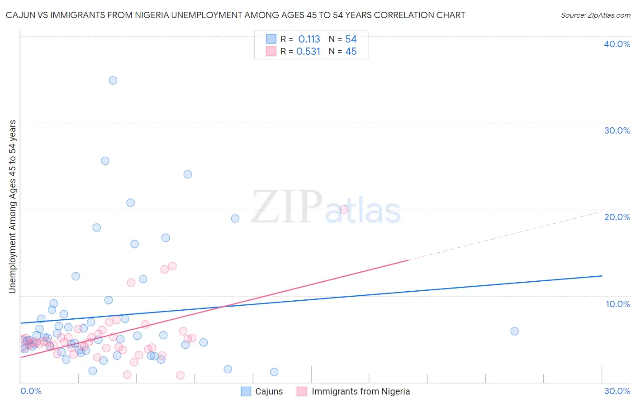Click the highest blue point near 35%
(113, 81)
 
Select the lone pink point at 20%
(344, 209)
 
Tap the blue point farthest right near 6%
(514, 331)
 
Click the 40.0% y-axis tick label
(617, 44)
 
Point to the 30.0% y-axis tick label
(617, 130)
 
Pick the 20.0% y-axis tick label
(617, 217)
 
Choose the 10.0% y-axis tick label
(618, 304)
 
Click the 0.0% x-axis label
(31, 391)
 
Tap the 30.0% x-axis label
(617, 391)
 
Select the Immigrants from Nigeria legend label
(361, 391)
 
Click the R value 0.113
(309, 39)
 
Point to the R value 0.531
(308, 52)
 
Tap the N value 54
(351, 39)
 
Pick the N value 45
(351, 52)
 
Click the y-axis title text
(12, 207)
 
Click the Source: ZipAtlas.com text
(595, 15)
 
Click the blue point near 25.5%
(105, 161)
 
